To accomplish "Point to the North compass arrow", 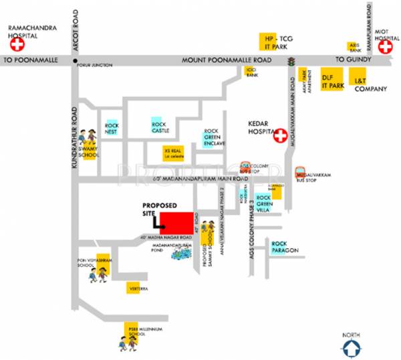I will click(352, 347).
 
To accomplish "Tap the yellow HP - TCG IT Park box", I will click(275, 41).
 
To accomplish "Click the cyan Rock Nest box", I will click(112, 126).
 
